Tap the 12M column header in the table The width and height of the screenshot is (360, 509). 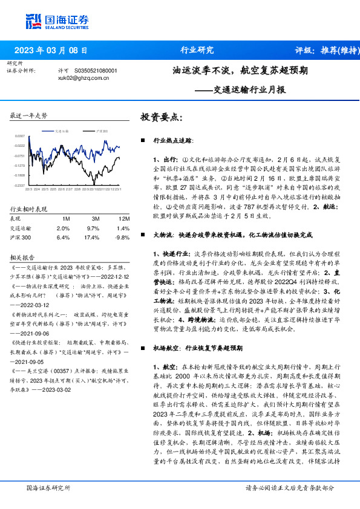pyautogui.click(x=124, y=218)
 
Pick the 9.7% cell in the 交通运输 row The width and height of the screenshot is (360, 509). pyautogui.click(x=93, y=229)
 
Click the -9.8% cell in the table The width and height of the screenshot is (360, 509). pyautogui.click(x=123, y=238)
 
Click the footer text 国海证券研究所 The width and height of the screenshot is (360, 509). pyautogui.click(x=49, y=487)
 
